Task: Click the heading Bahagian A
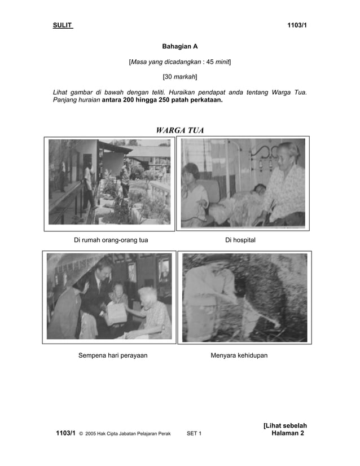[x=179, y=46]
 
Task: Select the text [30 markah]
[x=179, y=76]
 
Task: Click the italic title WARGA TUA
[x=179, y=131]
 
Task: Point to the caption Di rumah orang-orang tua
[x=111, y=240]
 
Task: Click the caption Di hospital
[x=240, y=240]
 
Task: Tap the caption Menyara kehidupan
[x=239, y=355]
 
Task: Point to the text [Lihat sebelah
[x=284, y=425]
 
